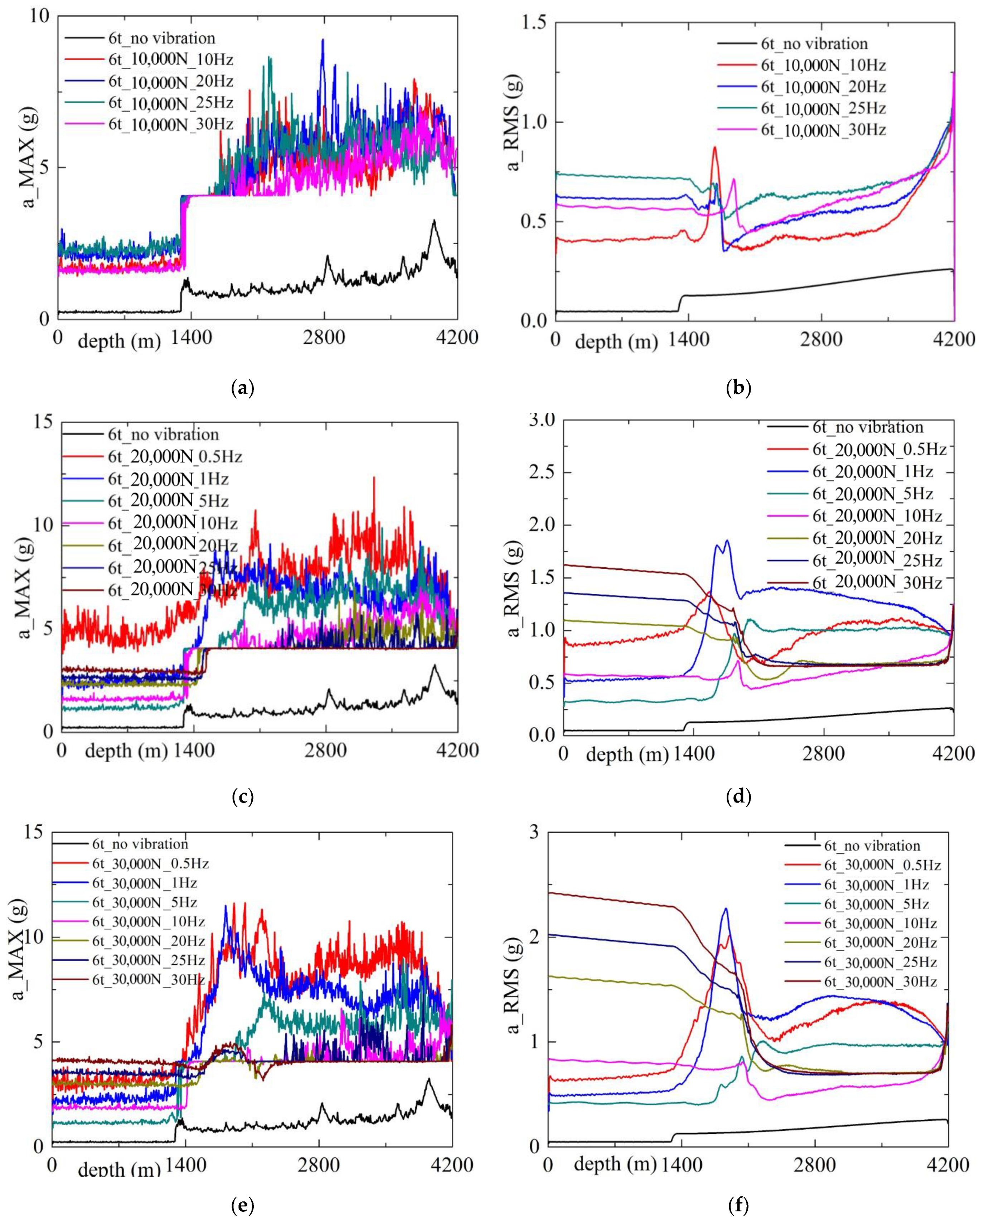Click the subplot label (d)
tap(739, 796)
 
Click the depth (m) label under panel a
tap(119, 342)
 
